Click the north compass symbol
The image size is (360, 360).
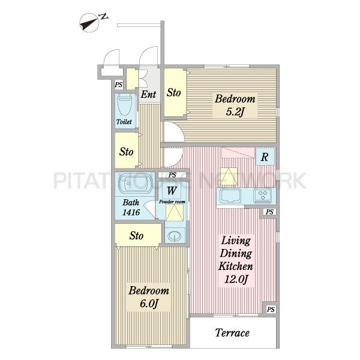coord(89,23)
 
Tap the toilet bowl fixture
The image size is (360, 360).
coord(125,105)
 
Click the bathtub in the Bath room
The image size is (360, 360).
coord(136,184)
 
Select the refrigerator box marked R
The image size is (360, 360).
coord(265,157)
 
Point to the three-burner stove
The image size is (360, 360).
coord(262,196)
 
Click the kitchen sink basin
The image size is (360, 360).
coord(230,196)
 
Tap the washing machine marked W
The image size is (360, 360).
coord(172,190)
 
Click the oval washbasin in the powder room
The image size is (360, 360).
coord(174,236)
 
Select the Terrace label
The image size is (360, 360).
coord(232,332)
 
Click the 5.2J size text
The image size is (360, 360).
coord(235,112)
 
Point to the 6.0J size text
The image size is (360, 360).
coord(149,304)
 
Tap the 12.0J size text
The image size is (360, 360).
coord(236,280)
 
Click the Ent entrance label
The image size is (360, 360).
coord(148,94)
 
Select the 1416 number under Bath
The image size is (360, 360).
coord(131,212)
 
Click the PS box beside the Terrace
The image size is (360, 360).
coord(271,310)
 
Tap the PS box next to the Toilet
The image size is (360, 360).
coord(118,85)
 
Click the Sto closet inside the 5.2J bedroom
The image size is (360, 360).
coord(175,92)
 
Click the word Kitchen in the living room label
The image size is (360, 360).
coord(236,266)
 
